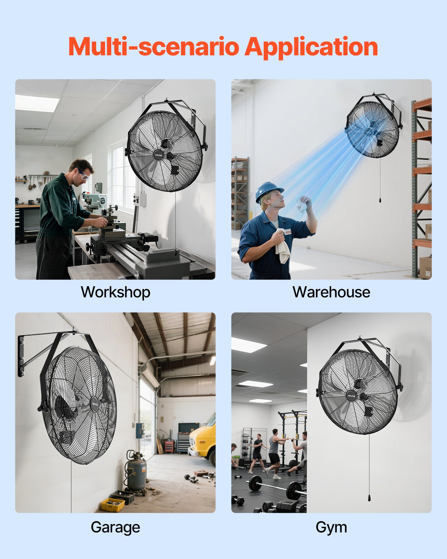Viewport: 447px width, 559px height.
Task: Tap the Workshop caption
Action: pos(115,292)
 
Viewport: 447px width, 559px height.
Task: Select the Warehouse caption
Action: pos(331,292)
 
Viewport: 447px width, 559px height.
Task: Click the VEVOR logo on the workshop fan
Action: pos(158,155)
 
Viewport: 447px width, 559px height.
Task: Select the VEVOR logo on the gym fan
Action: pos(351,396)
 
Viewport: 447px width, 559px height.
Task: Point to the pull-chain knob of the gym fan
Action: pos(369,498)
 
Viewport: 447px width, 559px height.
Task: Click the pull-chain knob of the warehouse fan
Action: pos(380,200)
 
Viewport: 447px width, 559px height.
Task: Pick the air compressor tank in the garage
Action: pos(136,472)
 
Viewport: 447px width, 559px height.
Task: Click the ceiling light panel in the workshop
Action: pos(37,103)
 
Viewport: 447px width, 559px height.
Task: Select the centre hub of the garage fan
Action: pos(95,403)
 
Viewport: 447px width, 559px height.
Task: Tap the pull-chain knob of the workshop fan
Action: pos(175,252)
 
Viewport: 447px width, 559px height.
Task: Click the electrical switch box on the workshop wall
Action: pos(140,199)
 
